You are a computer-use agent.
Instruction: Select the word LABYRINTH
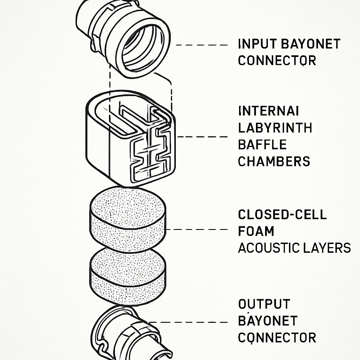(x=275, y=128)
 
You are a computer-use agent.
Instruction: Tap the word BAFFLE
(x=262, y=145)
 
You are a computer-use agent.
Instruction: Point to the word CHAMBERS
(x=274, y=162)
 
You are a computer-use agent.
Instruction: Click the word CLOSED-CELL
(x=282, y=215)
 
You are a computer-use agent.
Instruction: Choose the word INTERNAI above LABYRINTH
(x=269, y=111)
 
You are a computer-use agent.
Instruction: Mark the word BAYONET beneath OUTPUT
(x=268, y=321)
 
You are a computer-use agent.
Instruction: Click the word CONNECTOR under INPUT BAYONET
(x=277, y=61)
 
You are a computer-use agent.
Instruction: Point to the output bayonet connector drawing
(x=128, y=332)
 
